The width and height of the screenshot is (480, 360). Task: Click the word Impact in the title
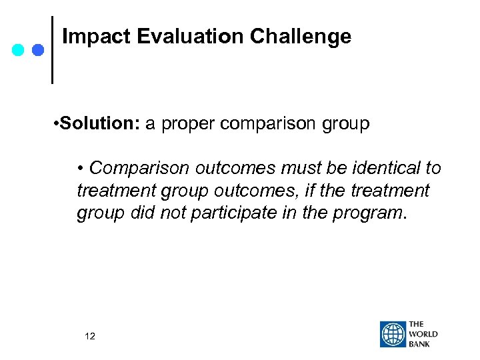click(96, 37)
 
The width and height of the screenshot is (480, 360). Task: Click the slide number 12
click(90, 336)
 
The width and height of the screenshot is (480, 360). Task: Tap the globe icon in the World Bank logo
click(393, 334)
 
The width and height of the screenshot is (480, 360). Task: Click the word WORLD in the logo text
click(424, 334)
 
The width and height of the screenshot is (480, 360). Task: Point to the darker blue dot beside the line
click(37, 49)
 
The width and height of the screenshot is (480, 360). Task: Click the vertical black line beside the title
click(53, 50)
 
